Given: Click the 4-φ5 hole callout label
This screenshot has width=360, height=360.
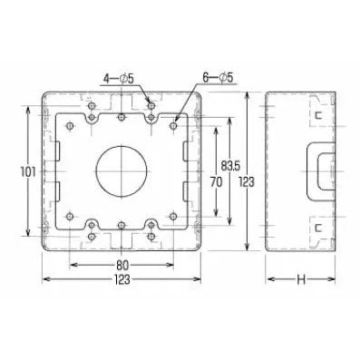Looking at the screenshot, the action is (x=119, y=79).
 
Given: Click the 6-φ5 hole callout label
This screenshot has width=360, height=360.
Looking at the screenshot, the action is (x=218, y=78).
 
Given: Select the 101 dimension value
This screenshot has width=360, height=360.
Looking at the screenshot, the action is (x=28, y=172).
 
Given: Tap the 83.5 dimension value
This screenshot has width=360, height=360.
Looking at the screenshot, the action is (x=230, y=165).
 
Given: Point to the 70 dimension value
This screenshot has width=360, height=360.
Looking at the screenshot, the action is (x=216, y=182).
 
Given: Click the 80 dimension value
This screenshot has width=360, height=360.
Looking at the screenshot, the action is (x=122, y=265).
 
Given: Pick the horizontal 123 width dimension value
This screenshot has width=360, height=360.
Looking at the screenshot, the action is (x=122, y=279).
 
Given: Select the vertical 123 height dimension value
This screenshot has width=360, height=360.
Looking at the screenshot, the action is (x=247, y=182).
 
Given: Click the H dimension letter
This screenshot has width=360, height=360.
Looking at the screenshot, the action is (x=301, y=279).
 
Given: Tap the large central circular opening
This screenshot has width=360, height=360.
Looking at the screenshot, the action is (x=122, y=171).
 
